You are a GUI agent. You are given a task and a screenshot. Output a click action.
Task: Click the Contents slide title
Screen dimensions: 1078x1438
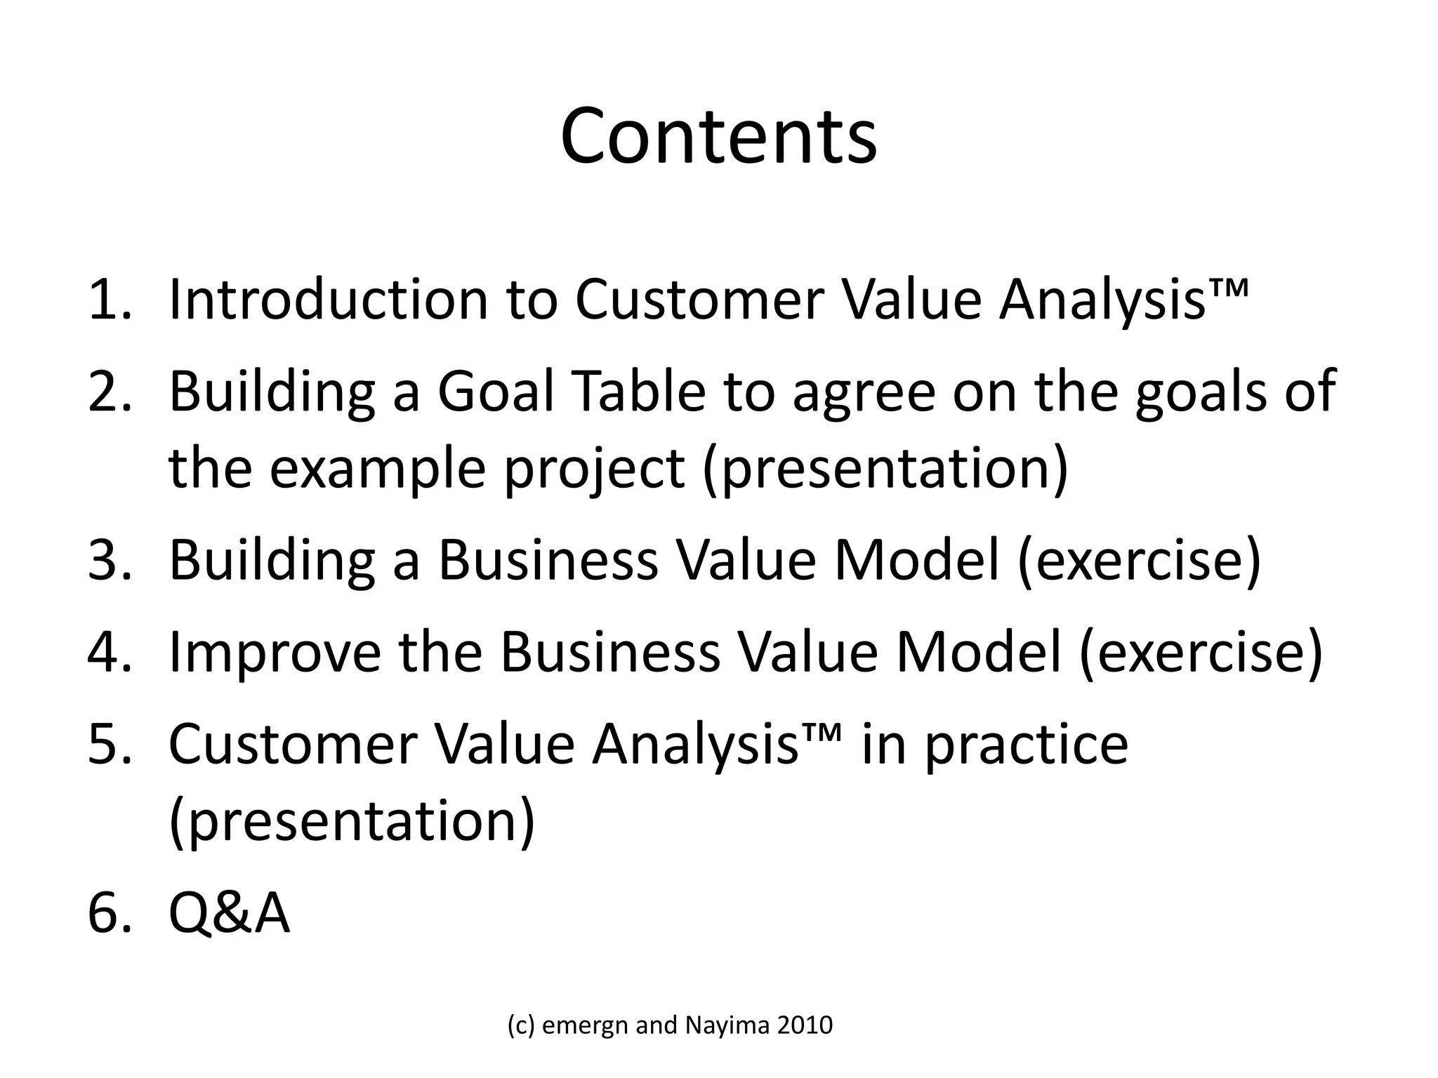pyautogui.click(x=718, y=137)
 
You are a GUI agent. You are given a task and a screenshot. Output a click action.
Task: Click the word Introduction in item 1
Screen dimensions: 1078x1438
pyautogui.click(x=329, y=300)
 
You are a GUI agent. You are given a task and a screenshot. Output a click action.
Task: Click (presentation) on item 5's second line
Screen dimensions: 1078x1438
pyautogui.click(x=352, y=822)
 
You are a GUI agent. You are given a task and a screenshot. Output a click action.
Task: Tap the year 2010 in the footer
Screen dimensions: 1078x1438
pyautogui.click(x=805, y=1026)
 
